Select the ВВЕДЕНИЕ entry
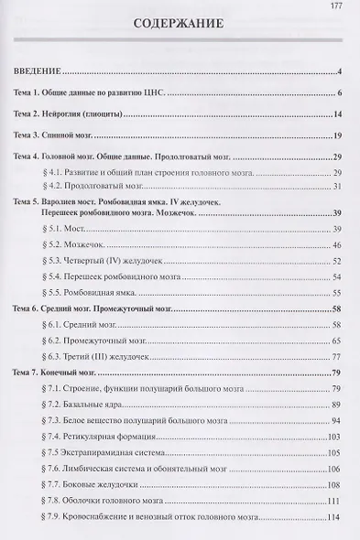tap(38, 71)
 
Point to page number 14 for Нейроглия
tap(337, 114)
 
